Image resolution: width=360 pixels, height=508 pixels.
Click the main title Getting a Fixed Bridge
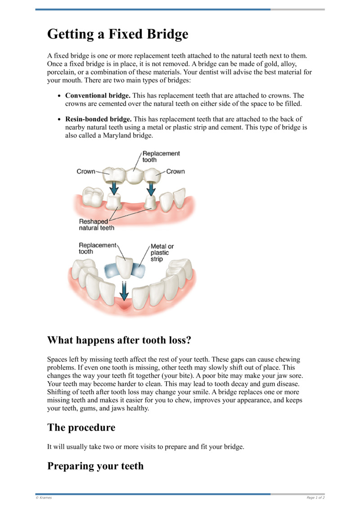pos(117,34)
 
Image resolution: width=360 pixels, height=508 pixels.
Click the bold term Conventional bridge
pos(98,96)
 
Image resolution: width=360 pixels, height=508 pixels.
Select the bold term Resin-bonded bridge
pos(99,119)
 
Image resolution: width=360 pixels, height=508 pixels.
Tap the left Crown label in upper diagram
pos(85,171)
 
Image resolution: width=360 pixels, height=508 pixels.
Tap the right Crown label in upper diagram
pos(175,171)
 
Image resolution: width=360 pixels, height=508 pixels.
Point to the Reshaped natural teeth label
pos(96,225)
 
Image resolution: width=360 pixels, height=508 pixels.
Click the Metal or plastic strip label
pos(162,253)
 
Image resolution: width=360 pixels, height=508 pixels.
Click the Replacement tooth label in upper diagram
pos(161,156)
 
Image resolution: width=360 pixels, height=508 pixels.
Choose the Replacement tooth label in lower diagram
pos(97,248)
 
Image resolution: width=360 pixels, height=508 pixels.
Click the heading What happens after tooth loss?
pos(119,340)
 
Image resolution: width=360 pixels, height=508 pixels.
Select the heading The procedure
pos(81,427)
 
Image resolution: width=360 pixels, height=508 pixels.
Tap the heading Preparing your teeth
pos(95,466)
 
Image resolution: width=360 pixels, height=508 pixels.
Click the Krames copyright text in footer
pos(44,498)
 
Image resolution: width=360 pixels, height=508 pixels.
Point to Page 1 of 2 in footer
pos(315,498)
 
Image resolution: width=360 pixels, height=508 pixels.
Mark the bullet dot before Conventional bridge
pos(59,96)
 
